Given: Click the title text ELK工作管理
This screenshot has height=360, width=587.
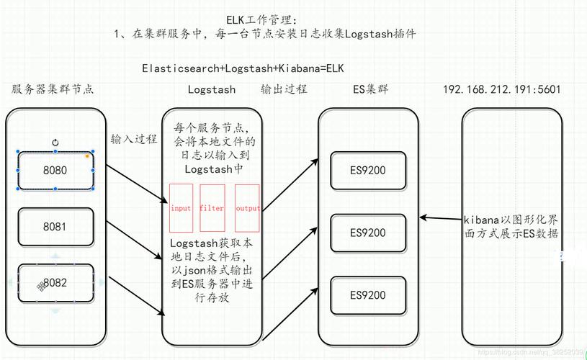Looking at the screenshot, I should click(x=261, y=19).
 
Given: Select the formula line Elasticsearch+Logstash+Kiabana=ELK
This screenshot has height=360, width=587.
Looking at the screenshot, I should click(x=243, y=68).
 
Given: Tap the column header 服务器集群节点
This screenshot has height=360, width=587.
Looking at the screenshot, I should click(x=53, y=89).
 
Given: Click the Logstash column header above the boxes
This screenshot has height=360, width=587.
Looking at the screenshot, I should click(x=211, y=90).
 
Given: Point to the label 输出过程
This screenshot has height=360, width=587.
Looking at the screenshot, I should click(x=284, y=89).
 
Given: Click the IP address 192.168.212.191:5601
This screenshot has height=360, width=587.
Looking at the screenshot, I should click(x=501, y=89).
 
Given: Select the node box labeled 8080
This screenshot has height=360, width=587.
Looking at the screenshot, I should click(x=55, y=171).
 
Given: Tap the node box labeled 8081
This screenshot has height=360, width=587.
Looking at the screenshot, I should click(x=55, y=226).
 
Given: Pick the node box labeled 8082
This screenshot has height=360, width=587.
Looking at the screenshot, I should click(x=55, y=282).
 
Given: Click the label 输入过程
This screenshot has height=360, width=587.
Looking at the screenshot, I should click(x=134, y=139).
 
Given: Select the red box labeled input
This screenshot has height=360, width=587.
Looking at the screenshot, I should click(x=181, y=208).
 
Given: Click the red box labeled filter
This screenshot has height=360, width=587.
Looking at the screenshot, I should click(x=212, y=208).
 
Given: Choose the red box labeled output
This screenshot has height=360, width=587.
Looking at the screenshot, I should click(x=247, y=208).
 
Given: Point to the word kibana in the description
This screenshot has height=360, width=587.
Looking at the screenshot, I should click(x=478, y=219).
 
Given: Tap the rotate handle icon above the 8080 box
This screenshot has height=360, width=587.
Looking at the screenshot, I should click(x=55, y=143).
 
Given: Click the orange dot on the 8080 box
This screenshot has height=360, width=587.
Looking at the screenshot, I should click(x=87, y=156).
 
